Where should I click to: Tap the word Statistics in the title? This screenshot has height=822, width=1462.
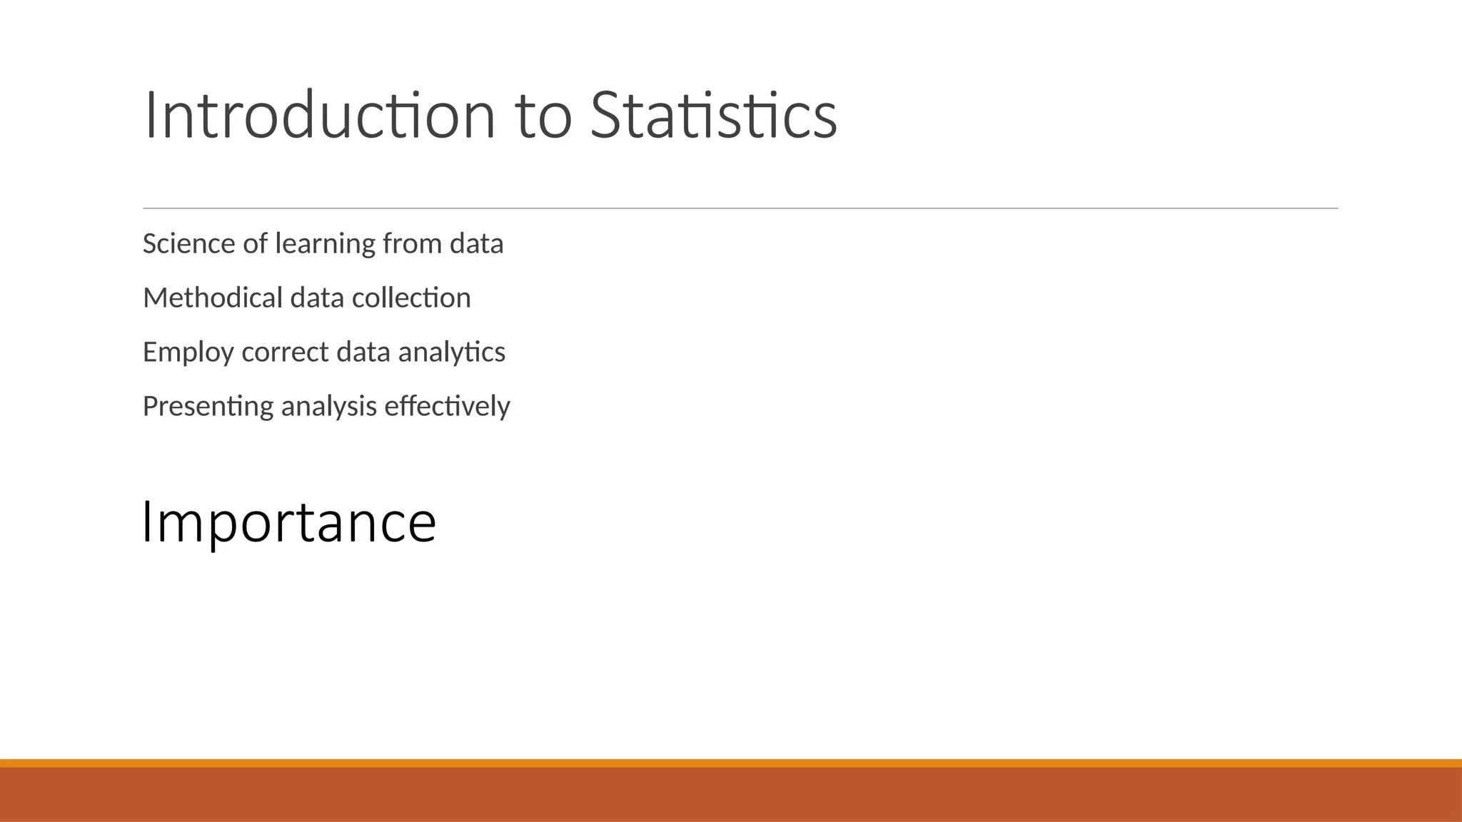713,116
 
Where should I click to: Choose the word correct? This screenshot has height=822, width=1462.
285,352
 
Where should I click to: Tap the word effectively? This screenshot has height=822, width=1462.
447,407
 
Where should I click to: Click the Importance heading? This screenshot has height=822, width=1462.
289,523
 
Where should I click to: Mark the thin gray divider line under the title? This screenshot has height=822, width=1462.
740,208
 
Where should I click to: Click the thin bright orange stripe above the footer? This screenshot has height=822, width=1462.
731,763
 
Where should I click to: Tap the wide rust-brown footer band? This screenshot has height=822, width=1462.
731,794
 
